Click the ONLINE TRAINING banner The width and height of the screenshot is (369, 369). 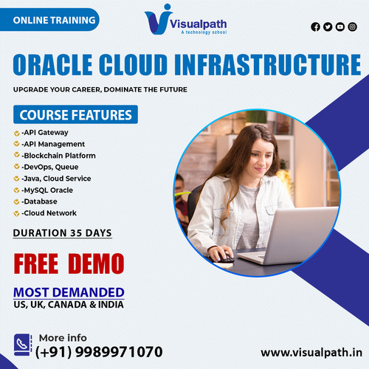click(54, 19)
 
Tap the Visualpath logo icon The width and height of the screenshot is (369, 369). click(157, 19)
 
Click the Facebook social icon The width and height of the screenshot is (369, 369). click(316, 27)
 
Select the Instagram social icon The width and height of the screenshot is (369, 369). click(352, 27)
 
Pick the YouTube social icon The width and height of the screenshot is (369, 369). click(340, 27)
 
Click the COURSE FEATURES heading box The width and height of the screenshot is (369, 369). click(75, 115)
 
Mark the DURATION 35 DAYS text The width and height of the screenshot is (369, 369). click(63, 233)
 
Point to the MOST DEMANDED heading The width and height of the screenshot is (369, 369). click(69, 292)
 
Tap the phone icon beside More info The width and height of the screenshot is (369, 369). click(23, 343)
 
